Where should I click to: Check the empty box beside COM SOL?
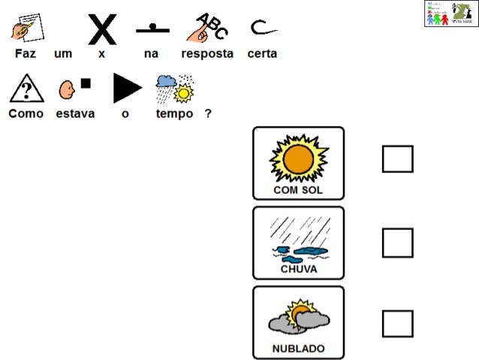397,159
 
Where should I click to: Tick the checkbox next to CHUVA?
397,243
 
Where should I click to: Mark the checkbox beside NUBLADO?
397,323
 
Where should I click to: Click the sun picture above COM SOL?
299,159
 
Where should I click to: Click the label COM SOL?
298,190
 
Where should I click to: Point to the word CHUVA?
298,269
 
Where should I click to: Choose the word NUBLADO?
298,349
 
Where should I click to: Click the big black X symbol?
102,29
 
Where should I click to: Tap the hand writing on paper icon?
27,29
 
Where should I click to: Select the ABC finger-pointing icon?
207,29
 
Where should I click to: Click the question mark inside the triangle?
26,89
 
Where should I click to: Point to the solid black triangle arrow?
126,88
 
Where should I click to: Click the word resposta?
207,54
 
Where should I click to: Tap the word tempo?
174,113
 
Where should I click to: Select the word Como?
26,113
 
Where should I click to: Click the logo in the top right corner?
450,14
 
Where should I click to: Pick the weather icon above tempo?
174,89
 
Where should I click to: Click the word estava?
75,113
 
